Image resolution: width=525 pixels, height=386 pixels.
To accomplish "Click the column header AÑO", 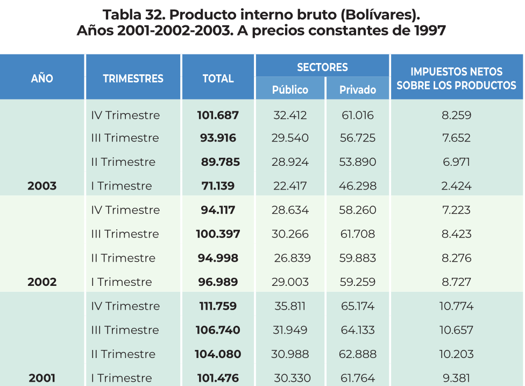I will coord(42,78).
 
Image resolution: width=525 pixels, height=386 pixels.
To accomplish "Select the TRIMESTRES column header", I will coord(133,79).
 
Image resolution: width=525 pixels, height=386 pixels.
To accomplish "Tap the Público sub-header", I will coord(290,89).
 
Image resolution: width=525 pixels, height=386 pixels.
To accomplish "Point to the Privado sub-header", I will coord(358,89).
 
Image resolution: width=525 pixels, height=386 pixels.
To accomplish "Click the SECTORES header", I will coord(322,67).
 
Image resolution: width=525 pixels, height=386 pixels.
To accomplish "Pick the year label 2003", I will coord(42,186).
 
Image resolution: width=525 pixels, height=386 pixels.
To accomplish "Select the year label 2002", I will coord(42,282).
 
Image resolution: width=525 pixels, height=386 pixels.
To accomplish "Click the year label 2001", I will coord(42,378).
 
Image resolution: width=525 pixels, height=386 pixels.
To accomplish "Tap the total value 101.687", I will coord(218,115).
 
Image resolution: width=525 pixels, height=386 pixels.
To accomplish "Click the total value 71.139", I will coord(218,186).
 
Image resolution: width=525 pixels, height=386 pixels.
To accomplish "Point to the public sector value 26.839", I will coord(292,258).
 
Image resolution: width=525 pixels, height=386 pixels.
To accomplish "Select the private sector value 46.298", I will coord(358,186).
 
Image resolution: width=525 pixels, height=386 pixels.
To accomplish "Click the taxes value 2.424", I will coord(456,186).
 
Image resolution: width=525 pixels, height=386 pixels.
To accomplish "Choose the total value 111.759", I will coord(218,306).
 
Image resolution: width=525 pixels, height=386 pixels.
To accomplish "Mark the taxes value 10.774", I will coord(456,306).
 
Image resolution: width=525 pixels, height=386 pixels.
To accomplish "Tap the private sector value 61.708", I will coord(358,234).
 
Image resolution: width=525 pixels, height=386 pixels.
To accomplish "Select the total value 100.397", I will coord(218,234).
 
